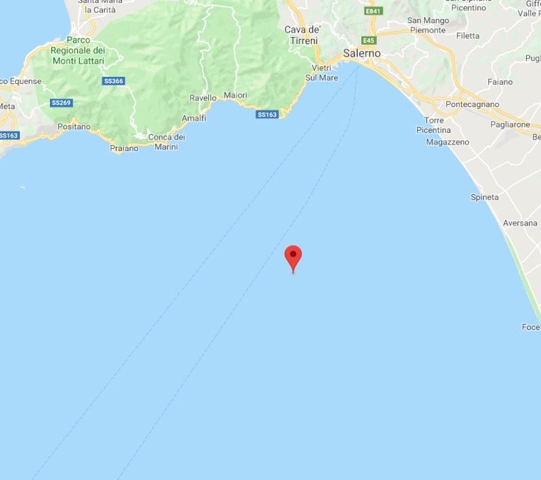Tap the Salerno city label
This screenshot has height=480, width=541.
coord(362,53)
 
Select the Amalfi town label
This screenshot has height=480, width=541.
coord(193,118)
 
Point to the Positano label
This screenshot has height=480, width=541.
coord(74,127)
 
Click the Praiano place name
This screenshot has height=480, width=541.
coord(124,148)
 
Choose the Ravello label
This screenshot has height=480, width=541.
coord(203,98)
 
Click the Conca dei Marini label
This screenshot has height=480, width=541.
coord(166,141)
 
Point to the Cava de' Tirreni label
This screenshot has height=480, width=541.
coord(301,35)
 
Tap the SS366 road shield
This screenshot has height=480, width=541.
coord(114,81)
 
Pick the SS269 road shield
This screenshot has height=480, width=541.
coord(61,103)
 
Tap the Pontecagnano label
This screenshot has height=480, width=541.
coord(472,104)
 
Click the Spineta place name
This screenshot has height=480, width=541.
coord(484,197)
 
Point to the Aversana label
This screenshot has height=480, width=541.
coord(520,223)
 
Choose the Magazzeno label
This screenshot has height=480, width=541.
coord(447,142)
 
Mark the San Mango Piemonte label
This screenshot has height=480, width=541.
coord(427,25)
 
